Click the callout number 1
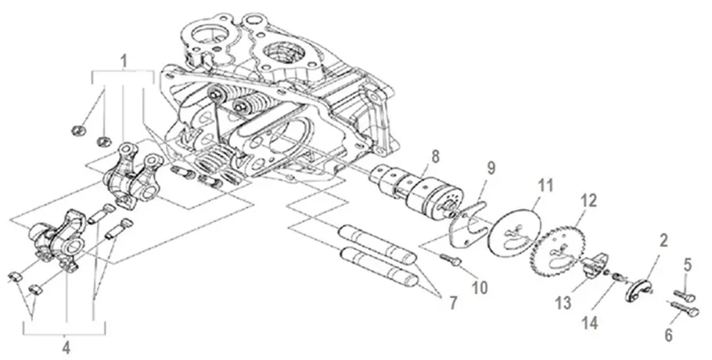[x=124, y=60]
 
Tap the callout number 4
[x=66, y=348]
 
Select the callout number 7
[x=452, y=303]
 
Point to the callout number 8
[x=435, y=157]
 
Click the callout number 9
[x=491, y=168]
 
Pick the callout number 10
[x=479, y=287]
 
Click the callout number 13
[x=563, y=303]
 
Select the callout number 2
[x=663, y=241]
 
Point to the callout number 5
[x=688, y=265]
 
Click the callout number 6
[x=668, y=335]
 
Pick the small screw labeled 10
[x=451, y=259]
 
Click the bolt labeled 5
[x=685, y=296]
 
